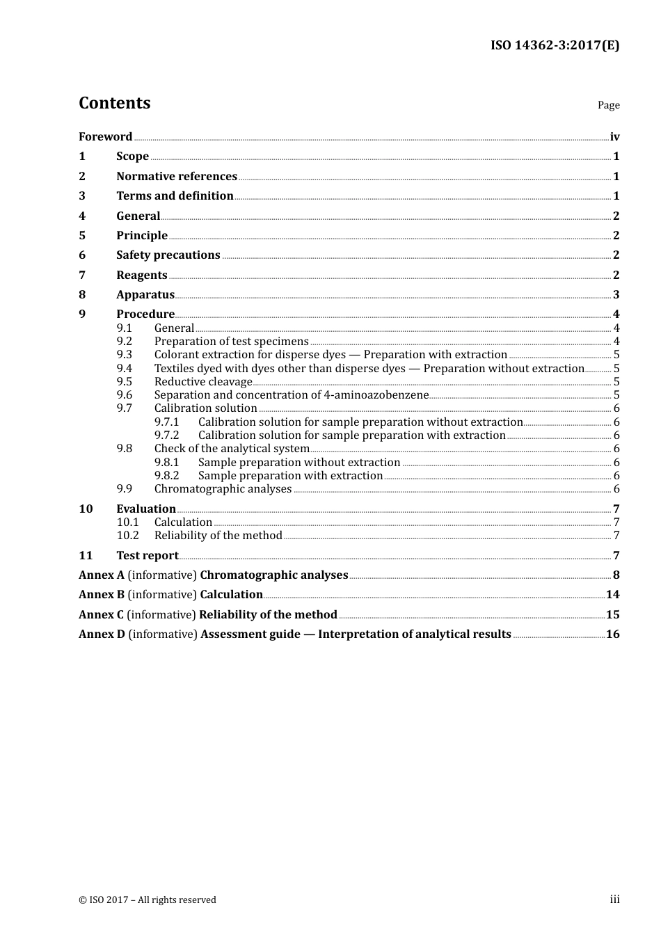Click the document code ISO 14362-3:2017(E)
click(x=555, y=45)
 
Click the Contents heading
click(x=114, y=103)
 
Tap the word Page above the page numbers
click(x=608, y=105)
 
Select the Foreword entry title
click(x=105, y=137)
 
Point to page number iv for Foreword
click(x=614, y=137)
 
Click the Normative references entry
click(x=177, y=177)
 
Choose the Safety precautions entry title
click(x=168, y=255)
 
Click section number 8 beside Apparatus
click(x=82, y=295)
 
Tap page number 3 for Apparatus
click(x=616, y=295)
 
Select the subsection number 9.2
click(x=125, y=342)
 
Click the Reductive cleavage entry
click(x=203, y=382)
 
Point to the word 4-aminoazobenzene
click(x=376, y=395)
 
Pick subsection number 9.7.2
click(x=166, y=435)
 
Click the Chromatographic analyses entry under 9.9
click(x=223, y=489)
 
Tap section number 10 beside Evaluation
click(x=86, y=509)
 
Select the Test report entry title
click(x=148, y=556)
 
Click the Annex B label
click(x=102, y=595)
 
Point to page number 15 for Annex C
click(x=612, y=615)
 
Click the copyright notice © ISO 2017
click(x=148, y=900)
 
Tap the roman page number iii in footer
click(x=614, y=900)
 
